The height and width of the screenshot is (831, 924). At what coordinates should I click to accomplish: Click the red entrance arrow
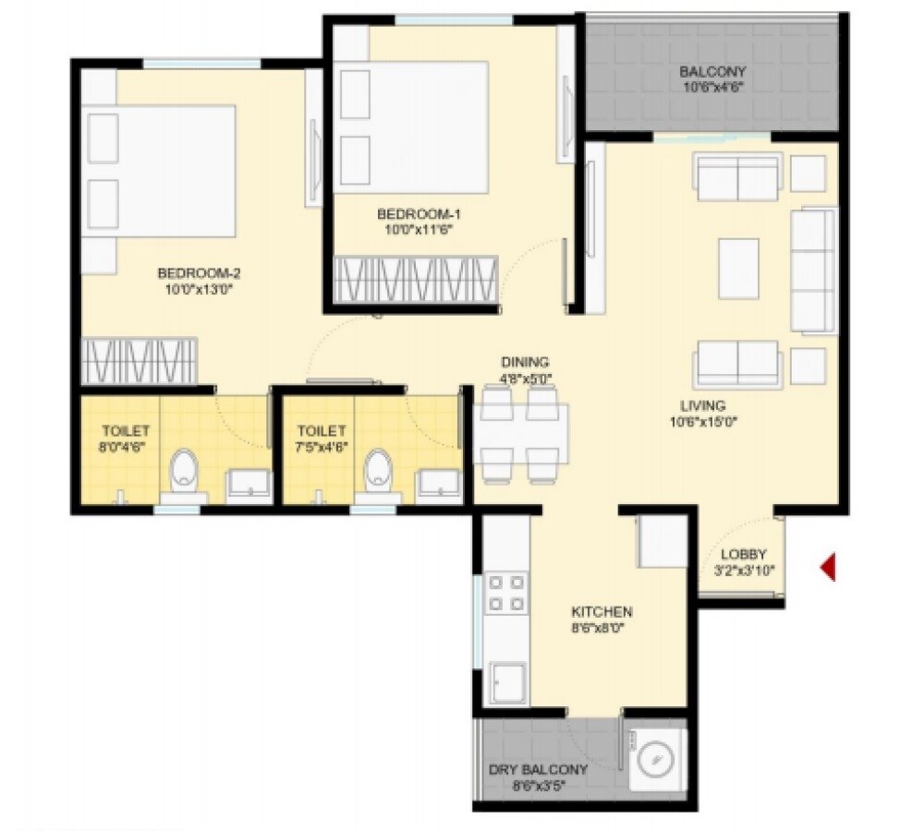point(828,567)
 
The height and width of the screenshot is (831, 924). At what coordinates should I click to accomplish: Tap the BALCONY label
point(712,72)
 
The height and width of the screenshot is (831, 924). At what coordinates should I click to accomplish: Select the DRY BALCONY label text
point(538,770)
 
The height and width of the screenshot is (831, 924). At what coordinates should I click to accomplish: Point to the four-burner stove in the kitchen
point(506,593)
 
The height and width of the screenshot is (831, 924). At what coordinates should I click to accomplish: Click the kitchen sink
point(509,683)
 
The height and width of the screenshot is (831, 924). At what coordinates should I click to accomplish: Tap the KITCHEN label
point(602,611)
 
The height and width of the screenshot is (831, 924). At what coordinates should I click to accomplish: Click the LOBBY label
point(744,554)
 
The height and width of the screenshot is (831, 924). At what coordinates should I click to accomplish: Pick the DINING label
point(525,362)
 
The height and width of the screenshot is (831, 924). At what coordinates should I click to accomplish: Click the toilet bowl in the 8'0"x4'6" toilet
point(185,469)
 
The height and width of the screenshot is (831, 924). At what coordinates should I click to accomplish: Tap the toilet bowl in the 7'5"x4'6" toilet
point(378,469)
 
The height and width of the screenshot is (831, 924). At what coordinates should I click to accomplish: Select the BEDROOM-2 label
point(199,273)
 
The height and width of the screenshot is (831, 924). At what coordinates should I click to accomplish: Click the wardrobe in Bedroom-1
point(416,278)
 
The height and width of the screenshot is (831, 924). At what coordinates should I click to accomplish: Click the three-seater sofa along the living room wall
point(813,270)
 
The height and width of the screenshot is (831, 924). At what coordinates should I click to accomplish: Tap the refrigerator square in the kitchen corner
point(663,540)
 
